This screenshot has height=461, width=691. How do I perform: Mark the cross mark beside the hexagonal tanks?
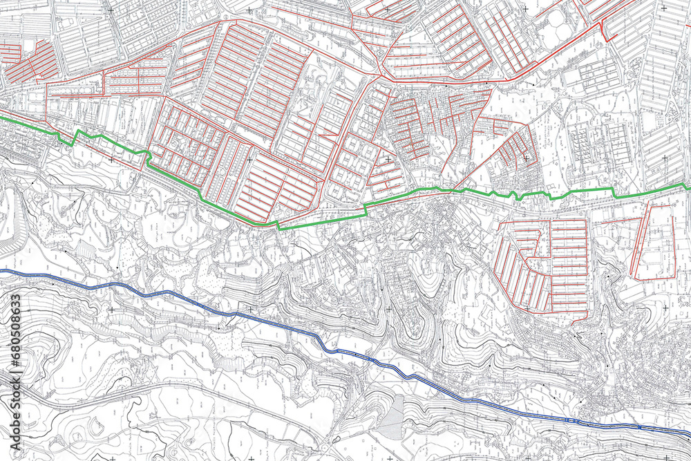point(525,8)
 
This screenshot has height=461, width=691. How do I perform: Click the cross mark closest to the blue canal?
point(249,309)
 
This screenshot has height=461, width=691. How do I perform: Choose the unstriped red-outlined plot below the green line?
point(654,242)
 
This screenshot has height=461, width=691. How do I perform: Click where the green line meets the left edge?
point(1,119)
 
